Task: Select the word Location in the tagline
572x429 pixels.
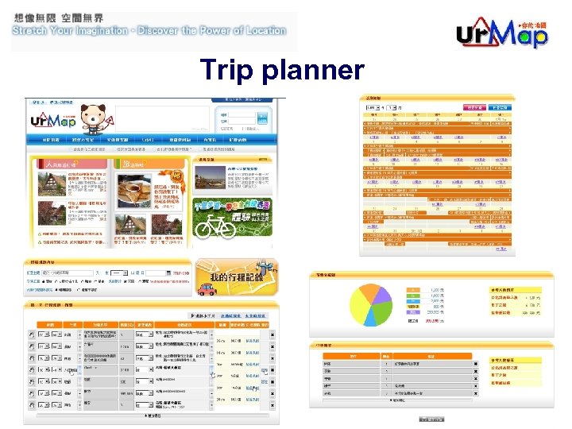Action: pos(259,31)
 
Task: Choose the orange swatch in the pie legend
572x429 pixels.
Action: pos(413,289)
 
